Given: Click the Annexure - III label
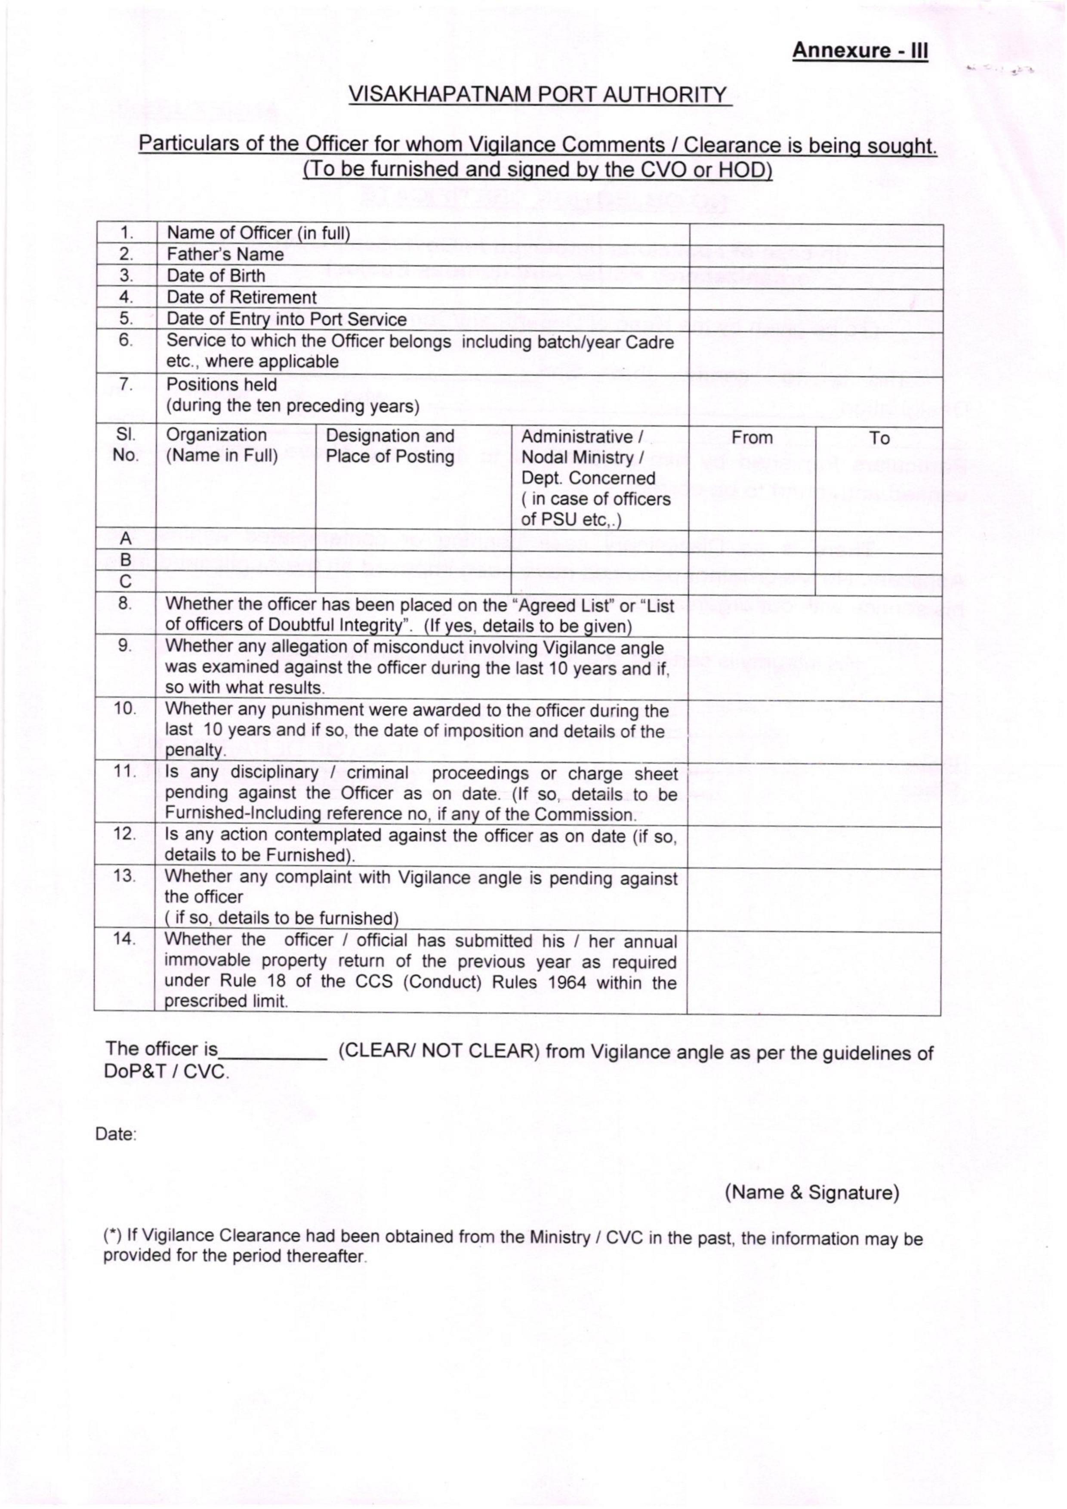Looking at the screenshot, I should (x=860, y=51).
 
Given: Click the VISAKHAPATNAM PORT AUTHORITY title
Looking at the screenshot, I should (x=538, y=95).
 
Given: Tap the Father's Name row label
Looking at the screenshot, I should (x=225, y=254).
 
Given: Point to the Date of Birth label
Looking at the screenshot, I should (x=216, y=276).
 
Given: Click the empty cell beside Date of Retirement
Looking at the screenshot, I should (x=815, y=298).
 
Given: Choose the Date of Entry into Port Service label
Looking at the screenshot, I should (x=287, y=320).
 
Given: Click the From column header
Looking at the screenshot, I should (x=752, y=438).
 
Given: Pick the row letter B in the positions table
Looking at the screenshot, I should (x=126, y=560).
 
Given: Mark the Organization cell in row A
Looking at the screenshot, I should (x=235, y=538).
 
